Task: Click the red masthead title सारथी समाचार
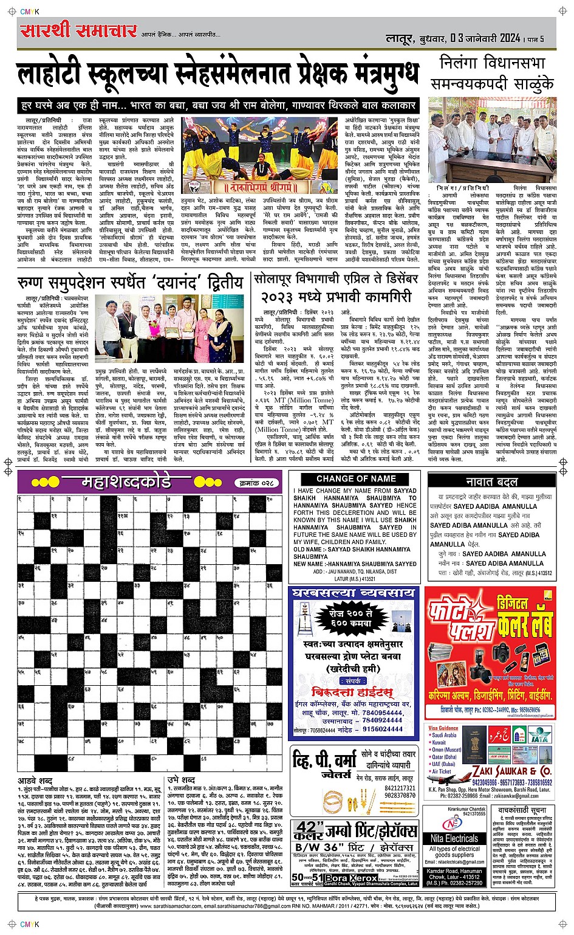tap(78, 30)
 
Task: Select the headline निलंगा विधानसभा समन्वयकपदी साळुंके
tap(493, 73)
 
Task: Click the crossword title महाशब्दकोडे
tap(126, 483)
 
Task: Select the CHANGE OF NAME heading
tap(356, 479)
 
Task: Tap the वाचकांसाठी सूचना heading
tap(522, 811)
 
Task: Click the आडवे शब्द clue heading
tap(35, 780)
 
